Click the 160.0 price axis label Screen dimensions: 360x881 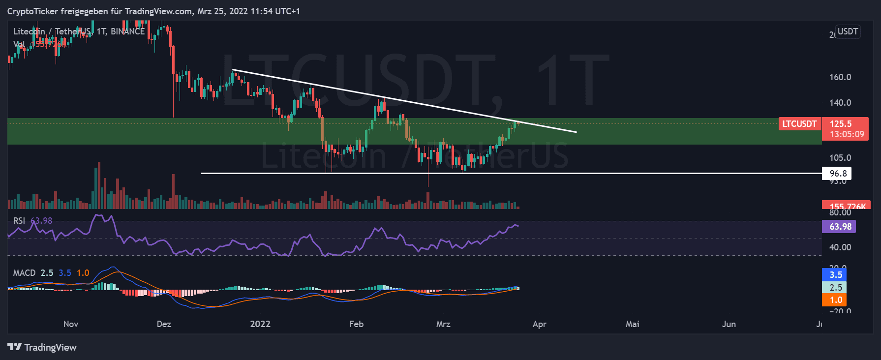(840, 77)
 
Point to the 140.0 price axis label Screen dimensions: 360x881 (840, 103)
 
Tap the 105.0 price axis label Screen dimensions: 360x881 (840, 158)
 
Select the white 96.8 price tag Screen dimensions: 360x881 (838, 173)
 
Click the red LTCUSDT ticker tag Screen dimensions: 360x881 (799, 124)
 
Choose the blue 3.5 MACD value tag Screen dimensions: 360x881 (835, 275)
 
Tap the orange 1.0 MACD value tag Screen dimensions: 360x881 (835, 300)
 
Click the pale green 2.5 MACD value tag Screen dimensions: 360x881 (835, 288)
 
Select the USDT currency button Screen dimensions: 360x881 (848, 31)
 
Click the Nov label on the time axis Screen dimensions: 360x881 (71, 324)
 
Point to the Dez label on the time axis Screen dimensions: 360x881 (164, 324)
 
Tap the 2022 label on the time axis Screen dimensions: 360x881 (260, 324)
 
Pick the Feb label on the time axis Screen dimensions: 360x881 (356, 324)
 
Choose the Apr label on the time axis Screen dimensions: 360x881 (539, 324)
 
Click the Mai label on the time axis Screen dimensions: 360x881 (632, 324)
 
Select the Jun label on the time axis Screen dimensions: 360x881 (729, 324)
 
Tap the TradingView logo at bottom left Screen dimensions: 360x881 (42, 347)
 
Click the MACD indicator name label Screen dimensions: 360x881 (24, 273)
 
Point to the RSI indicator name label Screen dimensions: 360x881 (19, 221)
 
